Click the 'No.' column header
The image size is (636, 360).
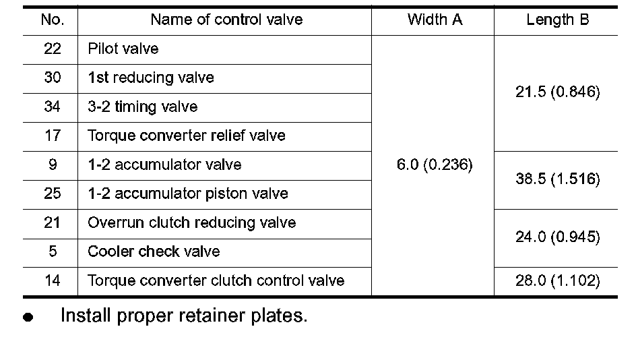(52, 20)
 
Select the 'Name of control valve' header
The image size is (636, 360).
(226, 20)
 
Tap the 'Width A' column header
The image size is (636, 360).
(435, 20)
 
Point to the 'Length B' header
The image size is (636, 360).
(557, 20)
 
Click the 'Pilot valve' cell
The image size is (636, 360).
(123, 49)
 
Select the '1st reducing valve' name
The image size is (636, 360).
(151, 78)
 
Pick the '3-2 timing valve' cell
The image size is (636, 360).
(142, 107)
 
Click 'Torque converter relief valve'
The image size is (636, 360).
(187, 136)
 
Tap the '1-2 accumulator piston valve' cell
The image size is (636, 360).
(187, 194)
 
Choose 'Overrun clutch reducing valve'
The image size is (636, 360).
(191, 223)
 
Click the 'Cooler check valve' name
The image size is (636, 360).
(154, 252)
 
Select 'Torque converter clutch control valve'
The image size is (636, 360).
(216, 281)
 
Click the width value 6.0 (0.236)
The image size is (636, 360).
(435, 165)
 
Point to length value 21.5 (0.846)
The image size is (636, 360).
(557, 93)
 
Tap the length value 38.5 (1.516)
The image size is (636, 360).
(557, 180)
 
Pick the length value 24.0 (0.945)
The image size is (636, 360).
(557, 237)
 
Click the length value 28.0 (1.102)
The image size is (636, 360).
(557, 281)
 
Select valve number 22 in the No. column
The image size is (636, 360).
(52, 49)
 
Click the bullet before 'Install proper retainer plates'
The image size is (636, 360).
(28, 318)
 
